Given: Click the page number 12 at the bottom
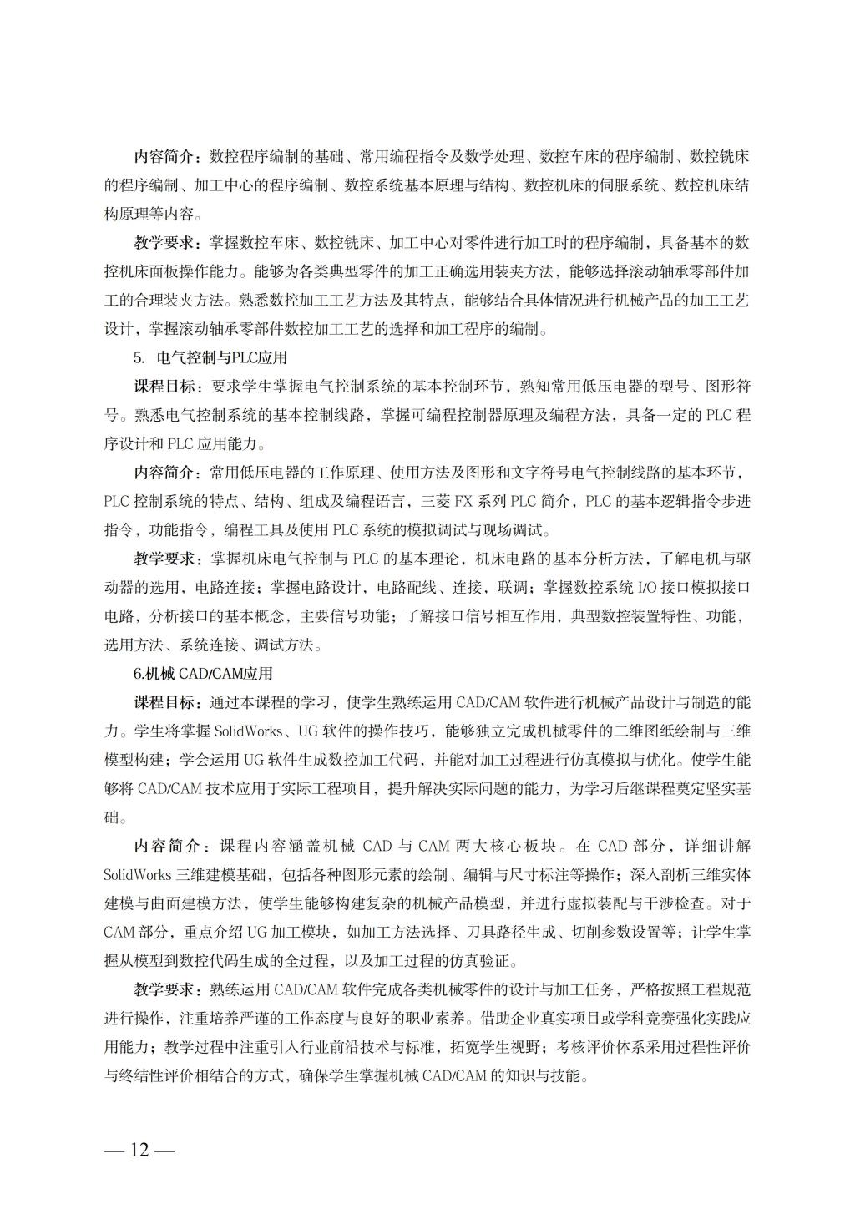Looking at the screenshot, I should coord(139,1150).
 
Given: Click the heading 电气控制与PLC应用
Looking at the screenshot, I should coord(222,357).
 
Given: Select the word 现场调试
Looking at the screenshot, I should coord(512,530).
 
